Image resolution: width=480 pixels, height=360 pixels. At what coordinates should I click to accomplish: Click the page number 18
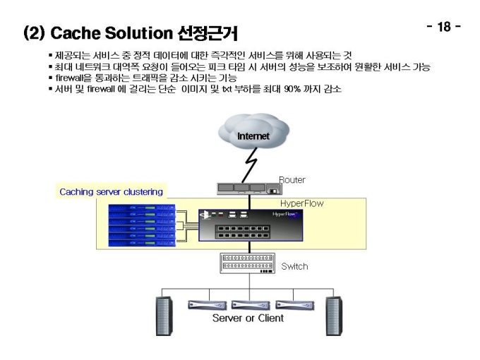(x=444, y=27)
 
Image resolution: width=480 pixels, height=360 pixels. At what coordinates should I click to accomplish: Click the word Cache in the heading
(x=76, y=33)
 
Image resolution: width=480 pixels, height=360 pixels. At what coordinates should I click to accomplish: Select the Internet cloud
(x=253, y=131)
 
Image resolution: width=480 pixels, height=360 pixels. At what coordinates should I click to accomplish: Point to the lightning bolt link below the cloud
(x=250, y=165)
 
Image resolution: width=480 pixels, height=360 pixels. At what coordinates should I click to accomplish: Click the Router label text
(x=292, y=180)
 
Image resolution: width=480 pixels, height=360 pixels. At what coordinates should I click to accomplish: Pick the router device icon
(x=249, y=189)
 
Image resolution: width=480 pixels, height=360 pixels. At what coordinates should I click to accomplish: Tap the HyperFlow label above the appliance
(x=302, y=203)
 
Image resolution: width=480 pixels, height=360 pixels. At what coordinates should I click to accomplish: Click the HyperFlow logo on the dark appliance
(x=284, y=215)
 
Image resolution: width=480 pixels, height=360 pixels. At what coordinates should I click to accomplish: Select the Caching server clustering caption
(x=111, y=192)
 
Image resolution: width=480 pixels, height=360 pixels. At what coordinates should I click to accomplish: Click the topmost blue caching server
(x=142, y=208)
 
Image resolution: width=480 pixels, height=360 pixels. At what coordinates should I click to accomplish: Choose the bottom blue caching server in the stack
(x=142, y=244)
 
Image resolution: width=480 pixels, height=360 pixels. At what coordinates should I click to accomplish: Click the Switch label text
(x=294, y=266)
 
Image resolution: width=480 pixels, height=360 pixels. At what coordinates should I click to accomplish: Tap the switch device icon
(x=247, y=263)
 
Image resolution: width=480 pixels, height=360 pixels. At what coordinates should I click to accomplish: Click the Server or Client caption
(x=248, y=318)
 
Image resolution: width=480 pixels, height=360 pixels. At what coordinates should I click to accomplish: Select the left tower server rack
(x=164, y=316)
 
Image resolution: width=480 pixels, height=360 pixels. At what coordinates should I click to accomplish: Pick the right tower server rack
(x=334, y=316)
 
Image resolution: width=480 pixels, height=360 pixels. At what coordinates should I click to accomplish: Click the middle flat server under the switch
(x=251, y=305)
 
